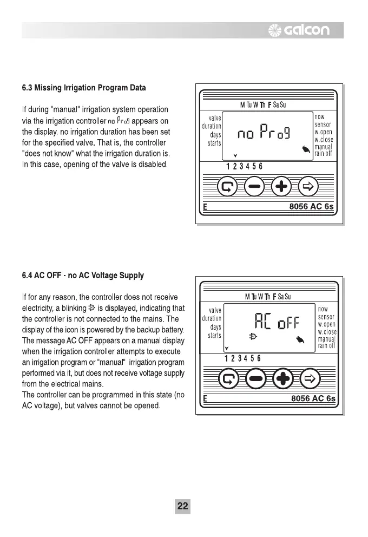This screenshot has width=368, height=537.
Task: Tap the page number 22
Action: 183,506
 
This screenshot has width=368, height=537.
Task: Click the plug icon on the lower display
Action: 253,337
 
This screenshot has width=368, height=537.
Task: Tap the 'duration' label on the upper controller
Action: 210,126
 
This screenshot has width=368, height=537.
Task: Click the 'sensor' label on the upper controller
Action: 324,125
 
